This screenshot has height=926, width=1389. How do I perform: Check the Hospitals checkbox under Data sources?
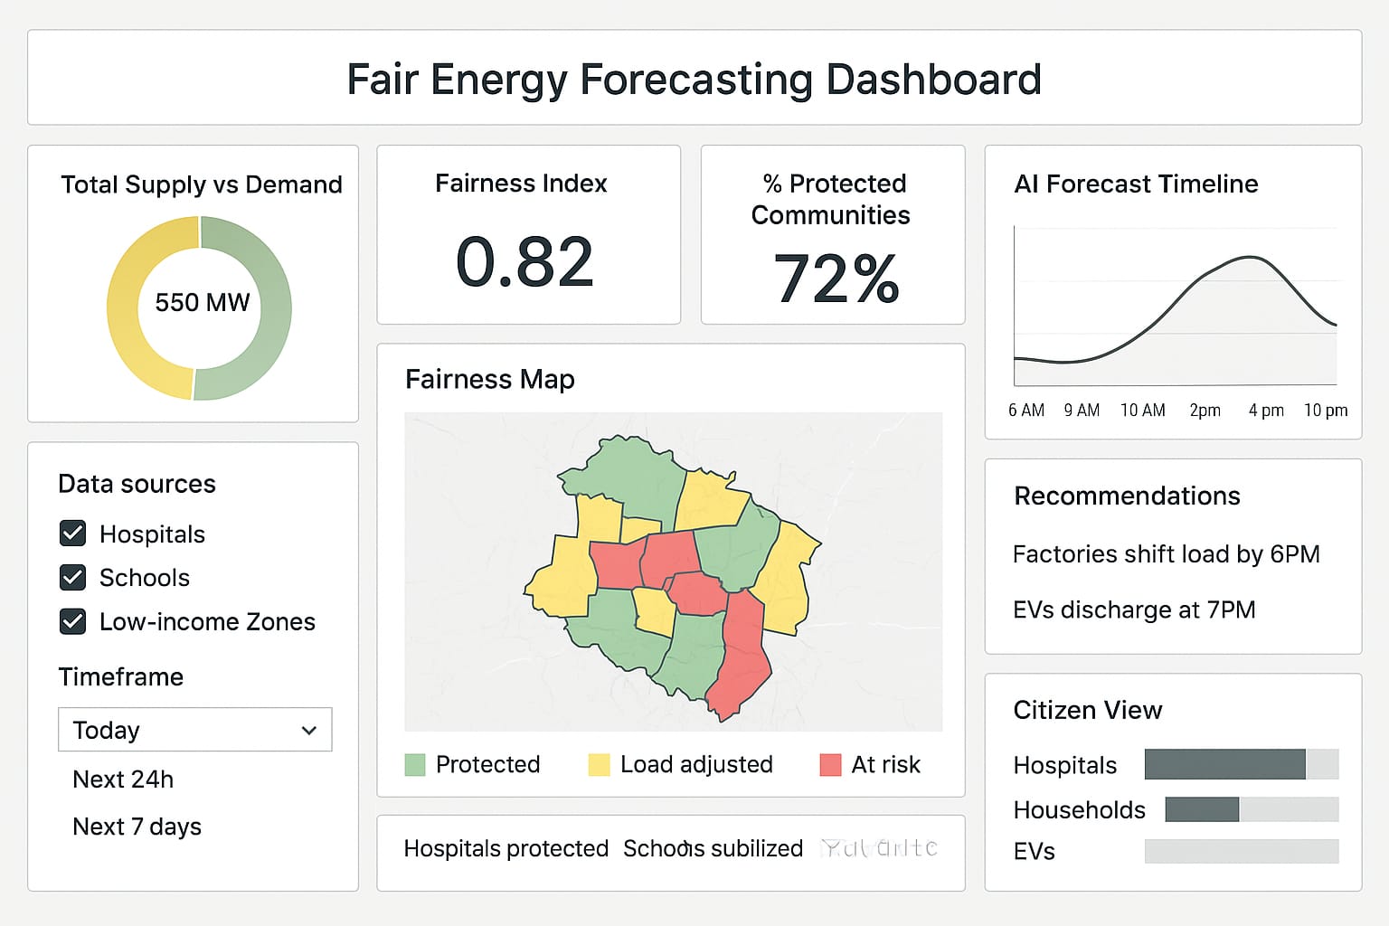point(72,534)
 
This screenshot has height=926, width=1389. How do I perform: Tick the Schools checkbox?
point(72,577)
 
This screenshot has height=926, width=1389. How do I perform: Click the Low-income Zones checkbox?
point(72,621)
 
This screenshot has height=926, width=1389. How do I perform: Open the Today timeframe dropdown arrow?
point(309,730)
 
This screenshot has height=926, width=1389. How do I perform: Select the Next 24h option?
point(123,780)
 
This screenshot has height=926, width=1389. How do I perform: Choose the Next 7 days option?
point(137,827)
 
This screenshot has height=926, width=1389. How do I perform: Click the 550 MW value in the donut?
point(202,303)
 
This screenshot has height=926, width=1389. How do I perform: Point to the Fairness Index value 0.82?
point(524,263)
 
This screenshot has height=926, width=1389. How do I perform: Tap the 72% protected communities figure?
point(836,279)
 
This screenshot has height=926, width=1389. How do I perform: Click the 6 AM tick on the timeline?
point(1026,411)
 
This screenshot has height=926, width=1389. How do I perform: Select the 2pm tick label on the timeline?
point(1205,411)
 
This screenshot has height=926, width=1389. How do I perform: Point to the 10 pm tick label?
point(1325,411)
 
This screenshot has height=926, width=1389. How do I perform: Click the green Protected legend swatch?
point(415,765)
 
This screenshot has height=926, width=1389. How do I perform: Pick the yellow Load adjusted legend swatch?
point(599,765)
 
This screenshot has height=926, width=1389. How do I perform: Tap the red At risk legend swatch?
point(830,765)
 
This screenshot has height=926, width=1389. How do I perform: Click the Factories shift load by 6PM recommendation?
point(1166,554)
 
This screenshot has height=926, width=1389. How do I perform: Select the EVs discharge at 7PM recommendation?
point(1134,610)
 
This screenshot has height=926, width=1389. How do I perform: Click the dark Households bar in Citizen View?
point(1202,809)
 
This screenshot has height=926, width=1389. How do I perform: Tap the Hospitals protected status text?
point(506,848)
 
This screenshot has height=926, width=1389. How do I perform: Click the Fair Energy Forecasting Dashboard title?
point(694,80)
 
